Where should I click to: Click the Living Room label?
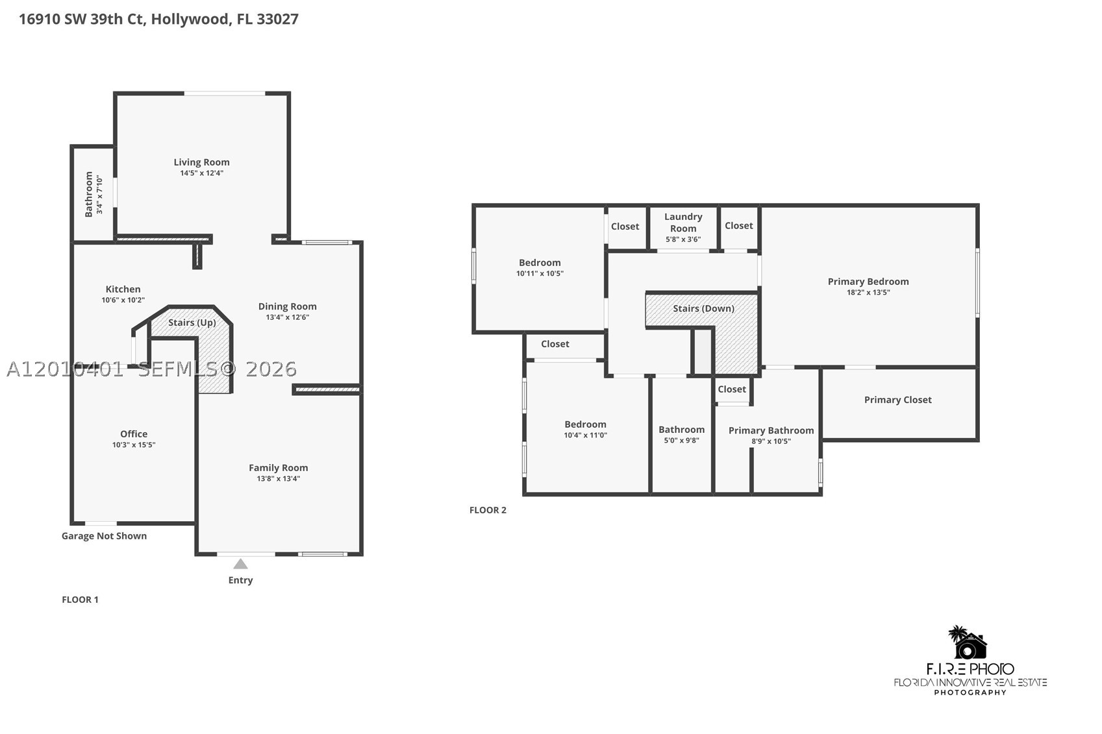click(x=201, y=162)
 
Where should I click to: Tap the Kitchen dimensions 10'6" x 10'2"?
click(x=123, y=300)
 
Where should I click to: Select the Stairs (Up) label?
click(x=192, y=323)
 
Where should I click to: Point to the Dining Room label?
click(x=287, y=306)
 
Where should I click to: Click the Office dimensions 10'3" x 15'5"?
click(x=134, y=445)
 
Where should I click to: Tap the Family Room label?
click(x=279, y=467)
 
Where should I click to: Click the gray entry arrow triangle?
click(x=240, y=563)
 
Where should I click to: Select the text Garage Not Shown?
click(x=105, y=536)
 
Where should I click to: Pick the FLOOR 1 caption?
click(x=80, y=599)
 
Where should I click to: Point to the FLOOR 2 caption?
click(x=488, y=510)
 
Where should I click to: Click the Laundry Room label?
click(x=683, y=222)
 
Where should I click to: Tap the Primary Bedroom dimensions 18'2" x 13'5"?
click(x=868, y=292)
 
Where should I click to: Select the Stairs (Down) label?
click(x=703, y=308)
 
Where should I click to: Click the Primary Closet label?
click(x=898, y=400)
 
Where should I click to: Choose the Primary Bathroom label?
click(x=771, y=430)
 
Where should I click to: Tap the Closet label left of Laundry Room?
click(x=625, y=226)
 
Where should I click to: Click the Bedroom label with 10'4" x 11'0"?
click(x=585, y=424)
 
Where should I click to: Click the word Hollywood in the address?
click(x=190, y=19)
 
